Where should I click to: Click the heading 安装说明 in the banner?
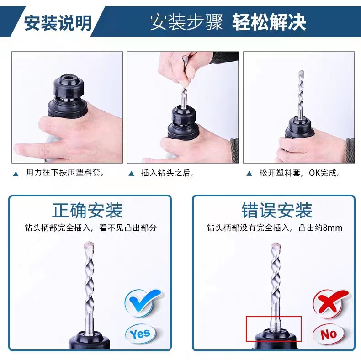[x=58, y=23]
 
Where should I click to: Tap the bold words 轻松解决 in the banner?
[x=269, y=22]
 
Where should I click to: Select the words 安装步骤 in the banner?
[x=186, y=22]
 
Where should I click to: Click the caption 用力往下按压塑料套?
[x=65, y=172]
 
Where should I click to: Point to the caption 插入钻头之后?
[x=168, y=173]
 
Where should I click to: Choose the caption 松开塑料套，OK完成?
[x=300, y=173]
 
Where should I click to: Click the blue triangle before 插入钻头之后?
[x=131, y=174]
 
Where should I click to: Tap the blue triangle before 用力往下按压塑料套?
[x=16, y=174]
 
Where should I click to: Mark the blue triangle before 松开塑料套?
[x=249, y=174]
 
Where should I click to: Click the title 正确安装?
[x=87, y=211]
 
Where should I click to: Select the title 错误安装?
[x=277, y=211]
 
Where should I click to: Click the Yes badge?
[x=140, y=334]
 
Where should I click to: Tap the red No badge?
[x=329, y=334]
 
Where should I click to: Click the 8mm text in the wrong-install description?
[x=333, y=228]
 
